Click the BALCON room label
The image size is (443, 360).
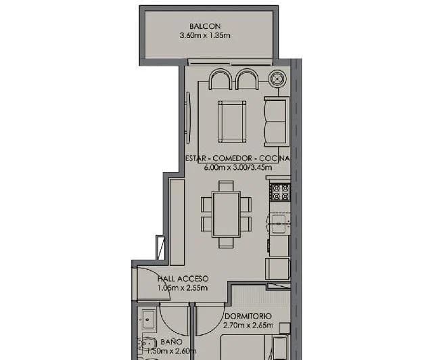[x=205, y=26]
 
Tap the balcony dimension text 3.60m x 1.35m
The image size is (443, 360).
[x=205, y=36]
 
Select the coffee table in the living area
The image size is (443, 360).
[x=232, y=122]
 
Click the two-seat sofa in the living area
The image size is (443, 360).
[x=277, y=122]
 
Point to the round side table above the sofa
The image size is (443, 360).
[x=277, y=77]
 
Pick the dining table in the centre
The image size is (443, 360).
[x=227, y=215]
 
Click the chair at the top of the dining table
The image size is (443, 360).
[x=226, y=186]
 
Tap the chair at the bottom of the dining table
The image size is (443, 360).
[x=226, y=243]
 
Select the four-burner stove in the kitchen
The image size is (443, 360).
[x=280, y=192]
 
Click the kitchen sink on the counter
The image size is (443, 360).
[x=279, y=223]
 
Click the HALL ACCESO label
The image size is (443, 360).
[x=183, y=279]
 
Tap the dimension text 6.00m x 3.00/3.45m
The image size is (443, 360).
[x=238, y=168]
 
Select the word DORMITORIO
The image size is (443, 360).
[x=248, y=316]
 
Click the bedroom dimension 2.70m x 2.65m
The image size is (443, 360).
[x=248, y=325]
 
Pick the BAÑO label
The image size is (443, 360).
[x=172, y=342]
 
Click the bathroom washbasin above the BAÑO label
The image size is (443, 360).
[x=149, y=320]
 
